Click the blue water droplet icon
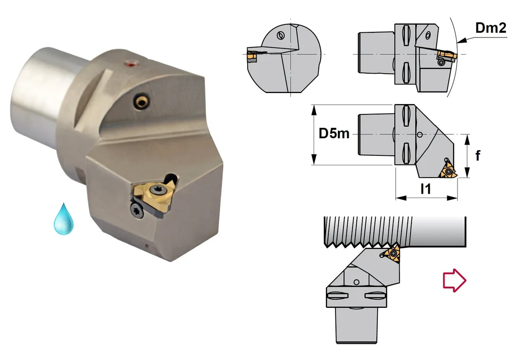coord(64,219)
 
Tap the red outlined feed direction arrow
coord(454,280)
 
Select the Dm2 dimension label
coord(491,28)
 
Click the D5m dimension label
coord(334,133)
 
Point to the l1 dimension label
coord(426,189)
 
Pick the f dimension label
coord(478,155)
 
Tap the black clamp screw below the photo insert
coord(136,209)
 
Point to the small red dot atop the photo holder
coord(132,63)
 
